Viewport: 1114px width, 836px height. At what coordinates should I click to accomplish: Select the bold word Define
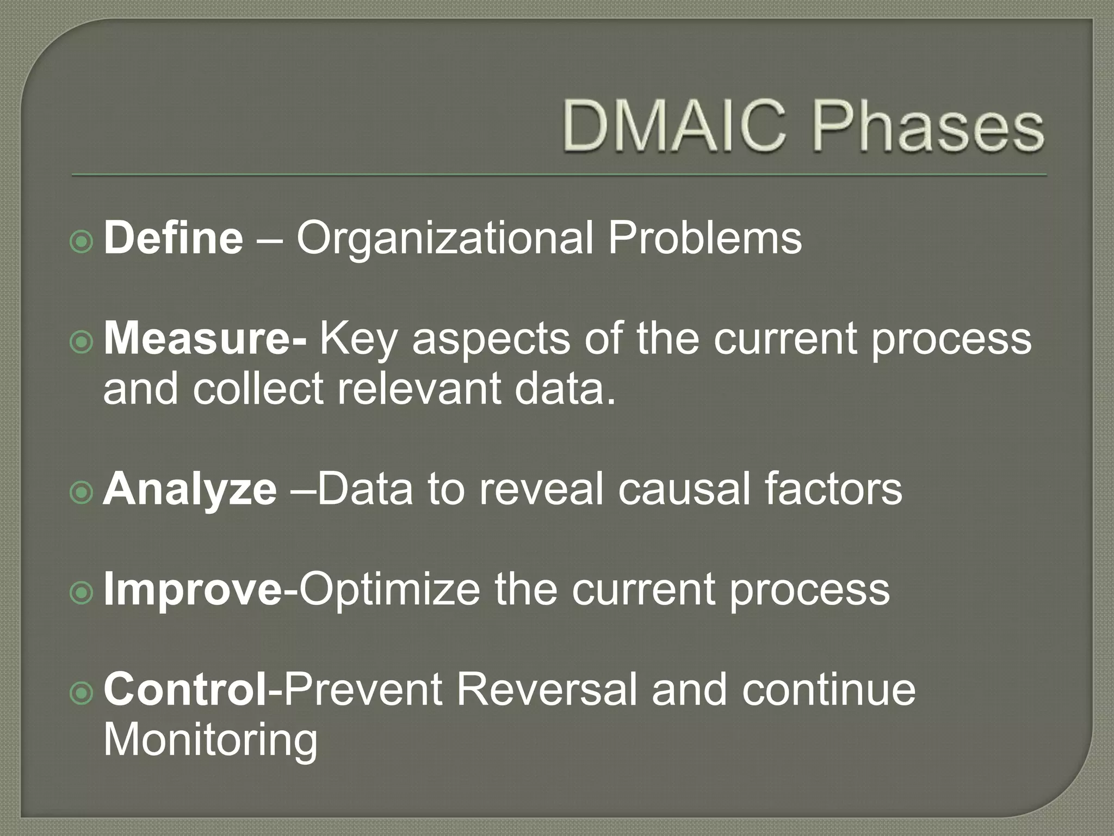[173, 238]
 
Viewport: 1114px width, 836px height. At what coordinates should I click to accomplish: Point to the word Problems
[704, 238]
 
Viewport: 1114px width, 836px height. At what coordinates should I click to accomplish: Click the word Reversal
[546, 690]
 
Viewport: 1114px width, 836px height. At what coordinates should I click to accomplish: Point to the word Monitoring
[211, 740]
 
